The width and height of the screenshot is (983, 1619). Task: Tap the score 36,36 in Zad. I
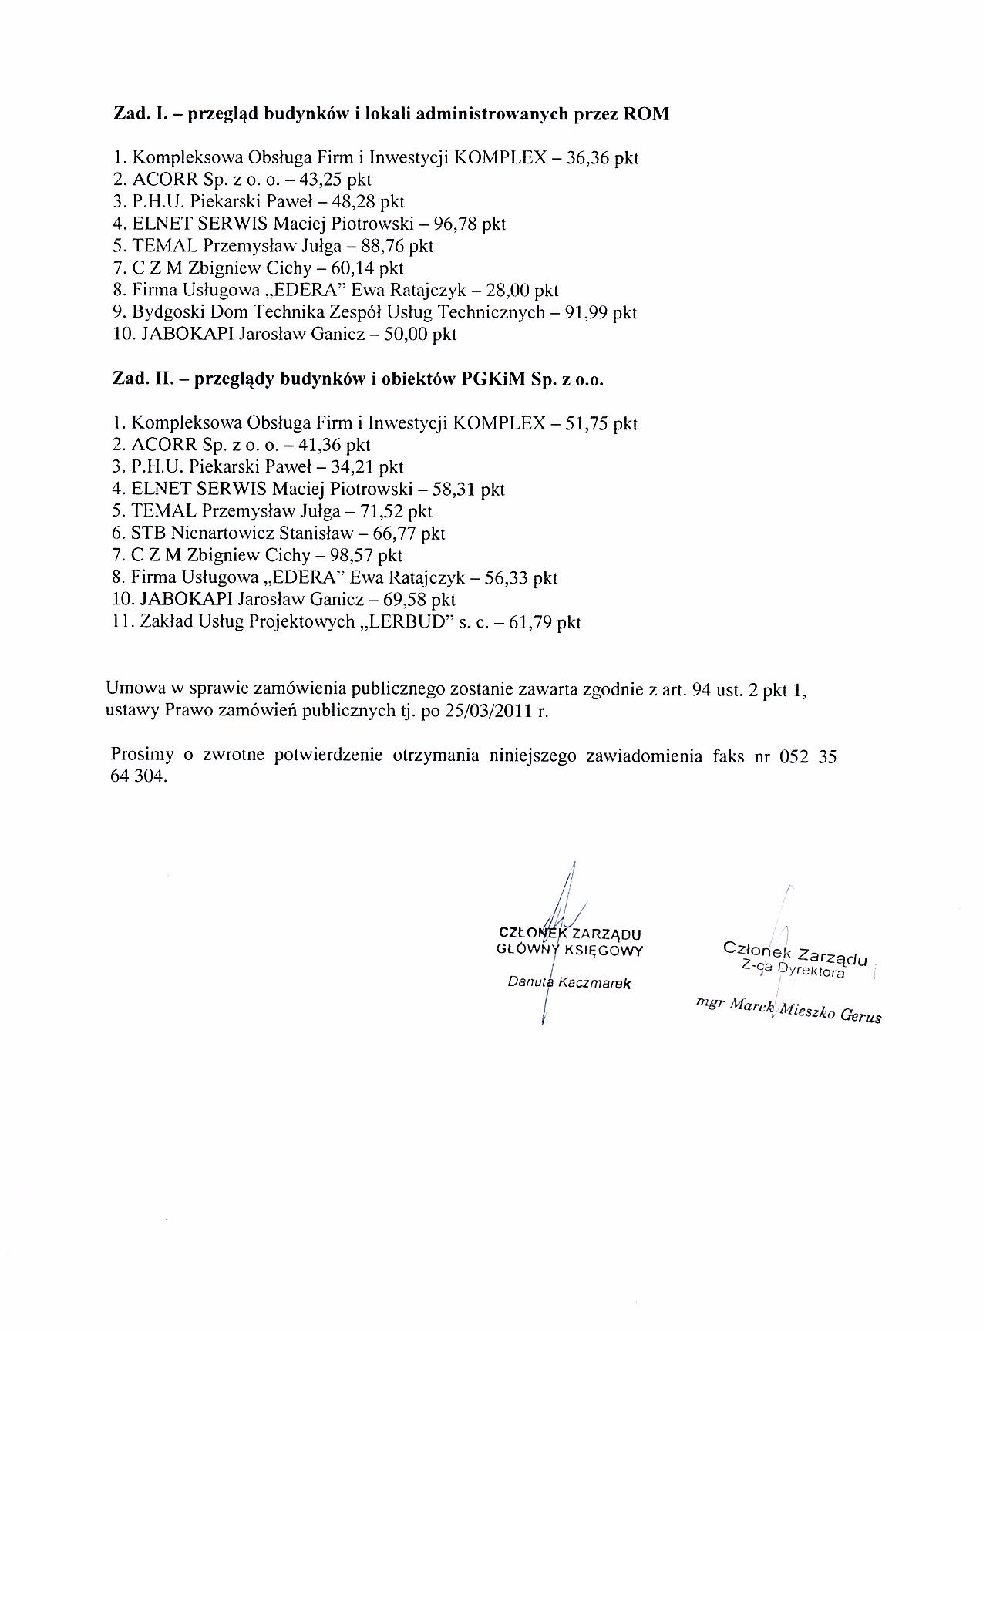pyautogui.click(x=589, y=158)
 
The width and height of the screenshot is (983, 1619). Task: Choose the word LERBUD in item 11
pyautogui.click(x=408, y=622)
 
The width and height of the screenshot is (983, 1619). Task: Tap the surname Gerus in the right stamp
pyautogui.click(x=860, y=1015)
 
